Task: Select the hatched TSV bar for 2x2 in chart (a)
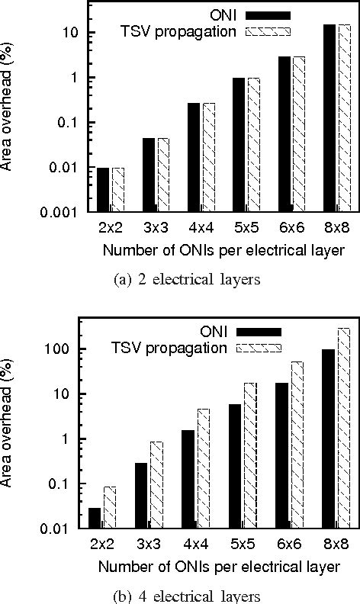117,189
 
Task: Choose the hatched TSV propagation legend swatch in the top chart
268,31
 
